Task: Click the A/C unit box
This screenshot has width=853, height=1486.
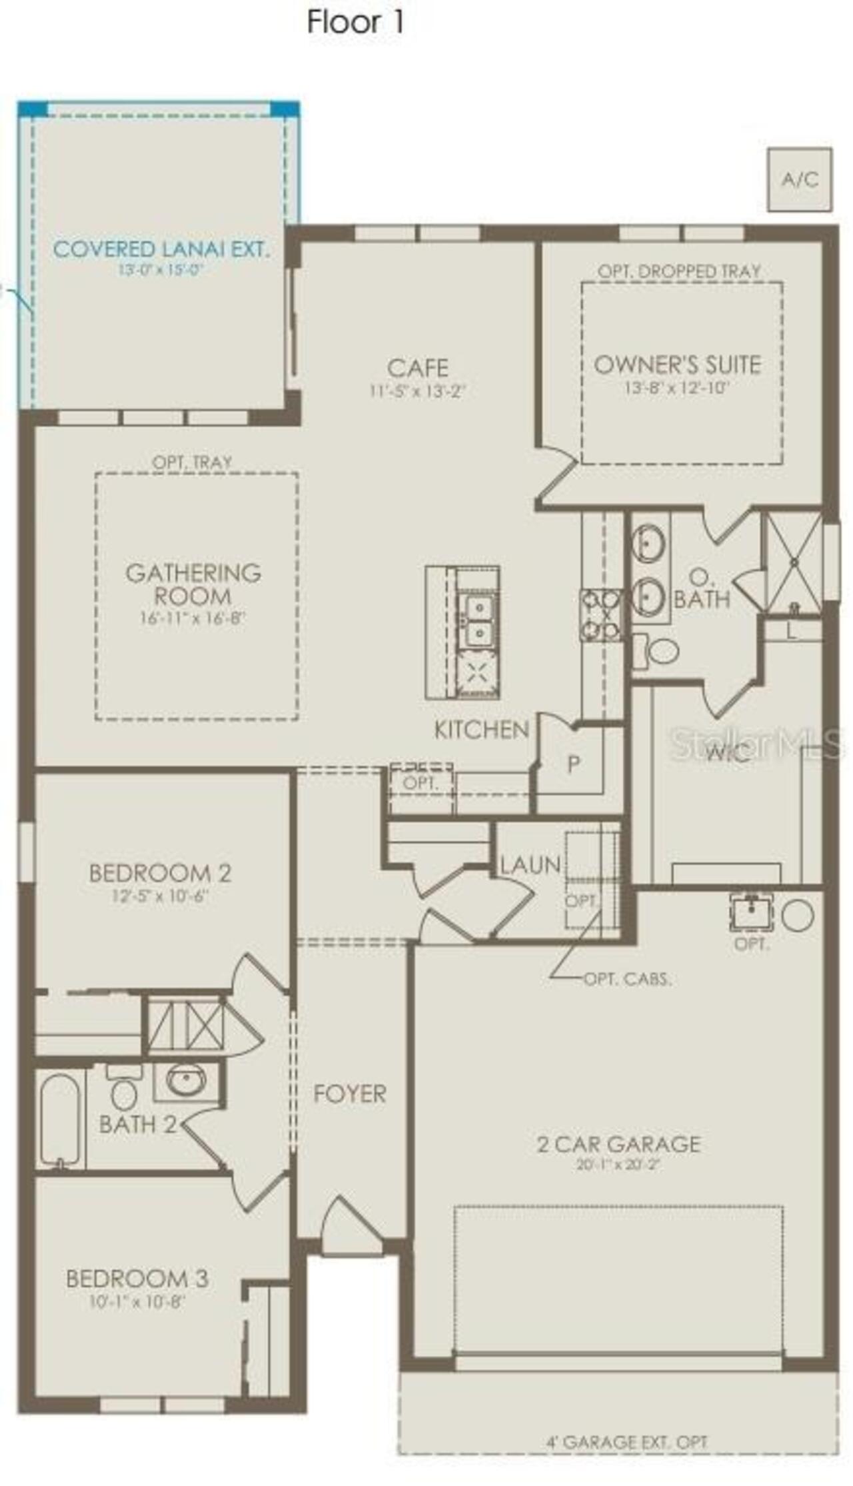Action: [799, 180]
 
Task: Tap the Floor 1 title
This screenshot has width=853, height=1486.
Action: [355, 23]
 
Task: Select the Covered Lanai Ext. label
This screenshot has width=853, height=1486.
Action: [161, 250]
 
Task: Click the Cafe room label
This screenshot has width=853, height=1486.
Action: [418, 368]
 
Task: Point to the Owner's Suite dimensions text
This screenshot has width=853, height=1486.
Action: [676, 388]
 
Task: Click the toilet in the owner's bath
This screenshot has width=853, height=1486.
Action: [660, 651]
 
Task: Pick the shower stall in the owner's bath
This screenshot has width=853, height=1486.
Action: [794, 563]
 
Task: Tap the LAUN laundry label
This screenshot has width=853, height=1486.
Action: [530, 865]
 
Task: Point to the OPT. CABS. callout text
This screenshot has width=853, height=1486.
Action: [627, 980]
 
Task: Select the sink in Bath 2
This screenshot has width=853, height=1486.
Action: [186, 1080]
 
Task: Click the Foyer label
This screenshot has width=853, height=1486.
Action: [350, 1094]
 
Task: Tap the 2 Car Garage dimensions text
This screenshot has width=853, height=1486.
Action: [618, 1165]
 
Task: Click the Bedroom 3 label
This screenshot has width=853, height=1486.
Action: [137, 1278]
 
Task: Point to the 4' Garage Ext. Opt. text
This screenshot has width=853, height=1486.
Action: [626, 1443]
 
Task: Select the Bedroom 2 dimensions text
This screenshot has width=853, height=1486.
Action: [160, 896]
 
